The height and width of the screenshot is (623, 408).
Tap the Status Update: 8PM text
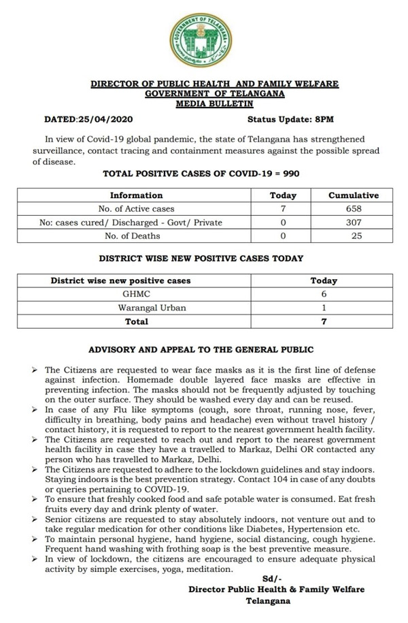coord(290,119)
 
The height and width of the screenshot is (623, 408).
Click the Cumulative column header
coord(353,195)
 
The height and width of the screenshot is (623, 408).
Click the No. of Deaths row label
coord(136,236)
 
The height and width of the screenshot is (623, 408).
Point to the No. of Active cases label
coord(136,209)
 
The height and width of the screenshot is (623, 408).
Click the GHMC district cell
coord(136,294)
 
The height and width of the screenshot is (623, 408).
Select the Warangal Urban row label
coord(136,308)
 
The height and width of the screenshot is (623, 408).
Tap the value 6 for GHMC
coord(324,294)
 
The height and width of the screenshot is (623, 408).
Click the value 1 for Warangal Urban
coord(324,308)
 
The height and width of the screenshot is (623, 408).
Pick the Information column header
coord(136,195)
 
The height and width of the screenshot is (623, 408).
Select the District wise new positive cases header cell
coord(121,281)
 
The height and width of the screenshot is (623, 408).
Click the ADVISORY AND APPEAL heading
coord(201,349)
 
